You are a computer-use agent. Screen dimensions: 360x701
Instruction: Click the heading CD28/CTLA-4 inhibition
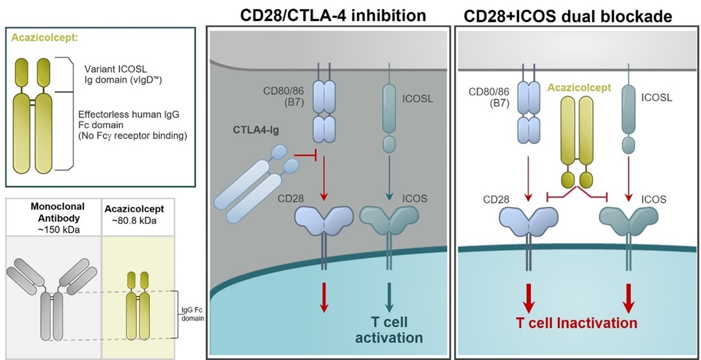[333, 15]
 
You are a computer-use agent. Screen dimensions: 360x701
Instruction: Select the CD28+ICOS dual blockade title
[567, 16]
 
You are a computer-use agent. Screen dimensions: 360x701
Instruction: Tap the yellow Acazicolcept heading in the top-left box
[45, 38]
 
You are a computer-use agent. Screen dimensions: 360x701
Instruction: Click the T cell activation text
[389, 329]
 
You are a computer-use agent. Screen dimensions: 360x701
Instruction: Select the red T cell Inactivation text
[576, 323]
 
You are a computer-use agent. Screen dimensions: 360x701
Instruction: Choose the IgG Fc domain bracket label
[192, 314]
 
